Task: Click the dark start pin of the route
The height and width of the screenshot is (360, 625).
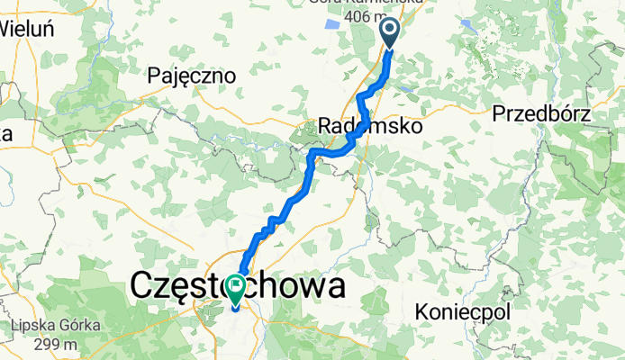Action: point(390,34)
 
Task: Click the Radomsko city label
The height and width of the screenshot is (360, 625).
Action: point(371,127)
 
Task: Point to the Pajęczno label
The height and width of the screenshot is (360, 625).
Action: point(192,76)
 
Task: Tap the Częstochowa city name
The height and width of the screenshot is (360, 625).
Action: point(238,287)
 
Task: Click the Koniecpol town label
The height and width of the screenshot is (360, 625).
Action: point(464,312)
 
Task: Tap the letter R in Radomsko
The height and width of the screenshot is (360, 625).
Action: point(326,127)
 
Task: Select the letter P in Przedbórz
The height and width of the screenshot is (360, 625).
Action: point(499,114)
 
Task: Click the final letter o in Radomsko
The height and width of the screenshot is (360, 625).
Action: point(416,127)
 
